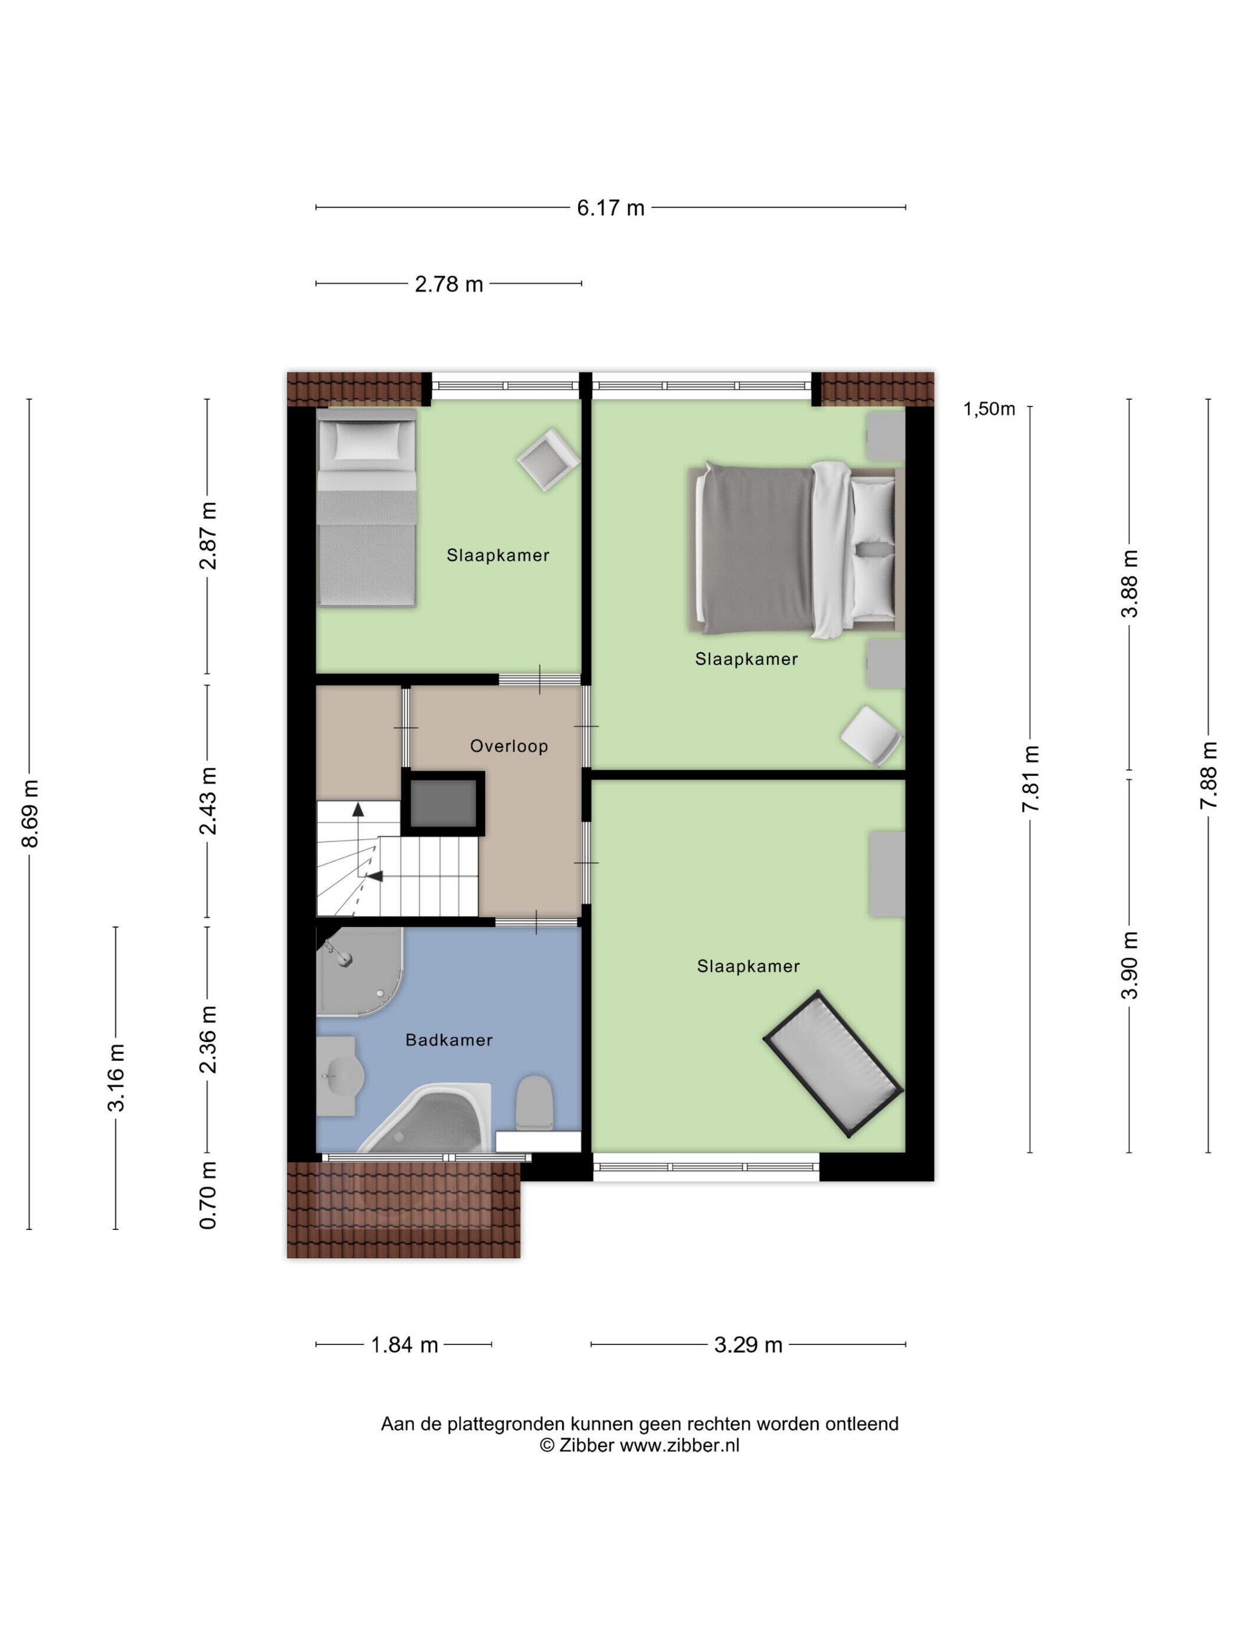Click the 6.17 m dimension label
tap(610, 208)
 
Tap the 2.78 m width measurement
tap(449, 284)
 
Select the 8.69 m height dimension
tap(31, 813)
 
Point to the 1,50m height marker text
tap(989, 409)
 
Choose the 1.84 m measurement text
tap(404, 1345)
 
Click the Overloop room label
tap(509, 746)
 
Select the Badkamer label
tap(449, 1040)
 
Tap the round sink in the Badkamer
tap(340, 1076)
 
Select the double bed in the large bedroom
tap(795, 550)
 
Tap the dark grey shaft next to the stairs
tap(443, 803)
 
